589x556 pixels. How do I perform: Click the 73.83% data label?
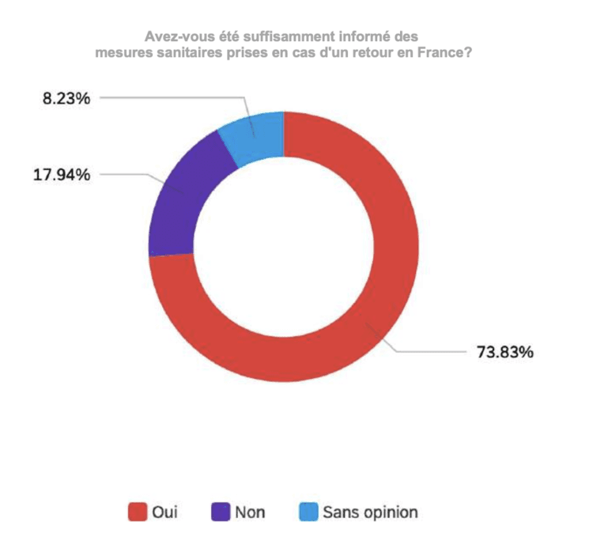[x=504, y=352]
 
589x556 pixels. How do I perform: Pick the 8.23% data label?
[x=66, y=99]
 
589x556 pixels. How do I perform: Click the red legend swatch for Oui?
[x=137, y=512]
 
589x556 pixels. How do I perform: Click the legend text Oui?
[x=164, y=512]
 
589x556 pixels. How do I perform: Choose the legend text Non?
[x=249, y=512]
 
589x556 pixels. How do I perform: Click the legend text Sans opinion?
[x=369, y=512]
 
